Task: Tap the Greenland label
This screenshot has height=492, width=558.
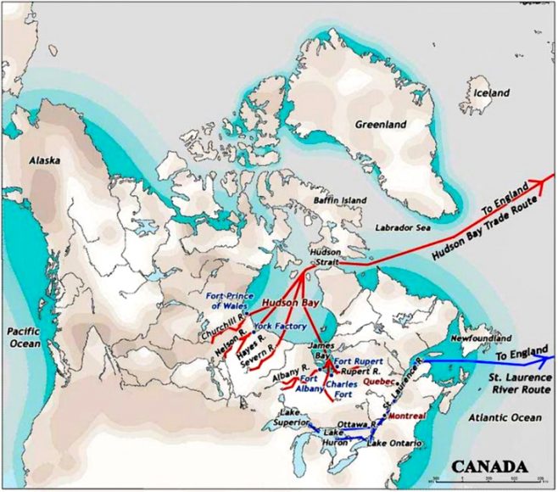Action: pos(380,125)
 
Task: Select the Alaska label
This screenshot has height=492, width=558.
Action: pos(44,159)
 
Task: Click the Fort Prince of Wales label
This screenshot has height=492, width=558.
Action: pos(228,299)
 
